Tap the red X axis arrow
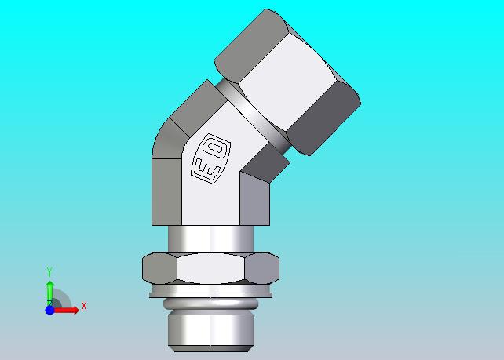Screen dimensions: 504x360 point(66,311)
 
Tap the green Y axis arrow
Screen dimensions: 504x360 point(49,293)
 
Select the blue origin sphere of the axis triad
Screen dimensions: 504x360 point(49,311)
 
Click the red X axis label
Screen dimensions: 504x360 point(84,306)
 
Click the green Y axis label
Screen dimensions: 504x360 point(49,271)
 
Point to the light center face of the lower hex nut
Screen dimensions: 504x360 point(210,268)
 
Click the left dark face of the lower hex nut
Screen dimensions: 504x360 point(159,268)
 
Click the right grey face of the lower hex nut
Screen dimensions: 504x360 point(262,268)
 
